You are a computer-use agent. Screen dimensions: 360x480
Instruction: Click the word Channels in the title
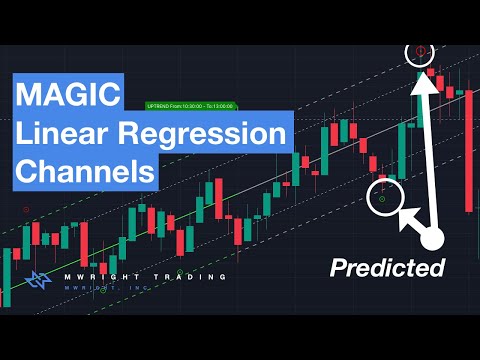[x=85, y=170]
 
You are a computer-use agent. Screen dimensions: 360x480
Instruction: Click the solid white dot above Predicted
[x=432, y=238]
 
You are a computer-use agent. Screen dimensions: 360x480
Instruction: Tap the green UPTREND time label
[x=191, y=103]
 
